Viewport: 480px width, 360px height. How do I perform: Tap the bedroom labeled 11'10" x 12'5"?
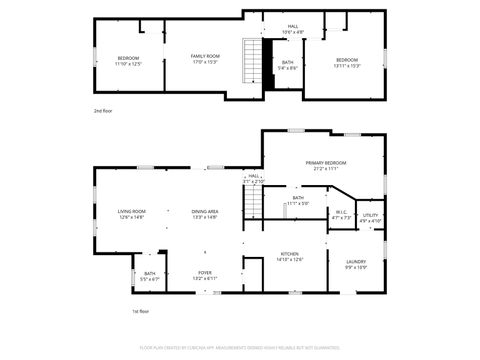coord(128,60)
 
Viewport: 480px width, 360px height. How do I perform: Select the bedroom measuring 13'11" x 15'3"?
coord(348,62)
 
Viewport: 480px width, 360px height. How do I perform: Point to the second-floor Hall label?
coord(293,29)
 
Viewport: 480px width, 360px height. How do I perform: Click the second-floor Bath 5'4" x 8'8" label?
coord(287,65)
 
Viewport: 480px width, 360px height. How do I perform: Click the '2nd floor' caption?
coord(103,110)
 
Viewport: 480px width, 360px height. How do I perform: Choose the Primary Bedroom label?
coord(326,165)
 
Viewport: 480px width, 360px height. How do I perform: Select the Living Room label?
coord(132,213)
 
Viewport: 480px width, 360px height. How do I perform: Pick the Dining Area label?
coord(205,213)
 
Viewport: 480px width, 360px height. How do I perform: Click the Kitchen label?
coord(290,257)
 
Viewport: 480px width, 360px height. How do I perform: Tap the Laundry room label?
coord(356,264)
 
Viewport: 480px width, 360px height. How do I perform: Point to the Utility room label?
coord(370,217)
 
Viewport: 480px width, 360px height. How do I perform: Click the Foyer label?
coord(204,274)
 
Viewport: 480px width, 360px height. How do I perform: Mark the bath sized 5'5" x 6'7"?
coord(149,276)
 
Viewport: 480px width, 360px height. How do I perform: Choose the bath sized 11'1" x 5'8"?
coord(298,200)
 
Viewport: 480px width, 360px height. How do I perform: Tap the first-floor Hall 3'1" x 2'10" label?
coord(253,178)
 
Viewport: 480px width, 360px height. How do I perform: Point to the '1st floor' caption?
coord(141,312)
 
